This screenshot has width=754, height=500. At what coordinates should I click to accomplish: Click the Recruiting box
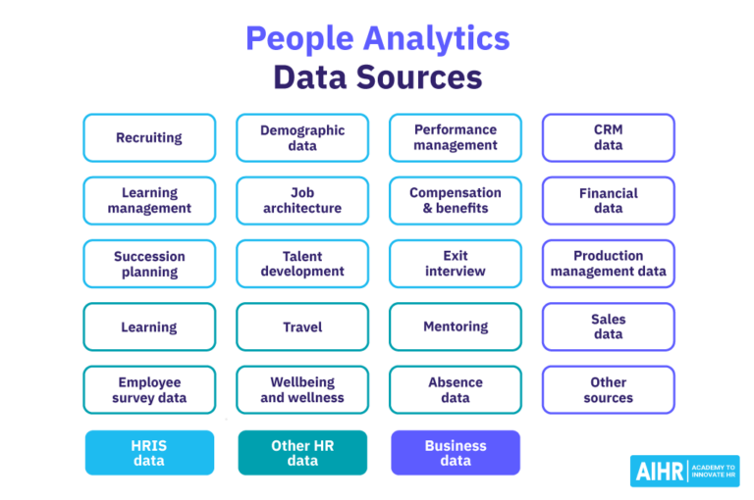tap(149, 137)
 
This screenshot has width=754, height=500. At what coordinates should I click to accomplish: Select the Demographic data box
tap(302, 137)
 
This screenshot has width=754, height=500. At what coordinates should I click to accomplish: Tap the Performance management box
tap(456, 137)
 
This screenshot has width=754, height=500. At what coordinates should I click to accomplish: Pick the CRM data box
tap(609, 137)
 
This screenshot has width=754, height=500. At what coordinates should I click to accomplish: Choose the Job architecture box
tap(302, 200)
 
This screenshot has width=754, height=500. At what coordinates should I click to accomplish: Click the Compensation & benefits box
tap(456, 200)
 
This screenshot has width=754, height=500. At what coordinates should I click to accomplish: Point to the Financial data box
tap(609, 200)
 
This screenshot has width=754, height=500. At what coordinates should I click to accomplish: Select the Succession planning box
tap(149, 264)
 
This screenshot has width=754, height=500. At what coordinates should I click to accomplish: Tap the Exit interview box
tap(456, 264)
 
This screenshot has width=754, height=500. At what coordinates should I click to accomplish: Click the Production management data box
tap(609, 264)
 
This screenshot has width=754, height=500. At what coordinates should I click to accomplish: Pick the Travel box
tap(302, 326)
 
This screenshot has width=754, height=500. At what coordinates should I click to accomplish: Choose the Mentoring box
tap(456, 326)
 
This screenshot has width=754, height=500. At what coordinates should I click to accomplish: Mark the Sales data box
tap(609, 326)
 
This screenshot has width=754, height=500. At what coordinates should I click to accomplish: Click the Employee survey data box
tap(149, 390)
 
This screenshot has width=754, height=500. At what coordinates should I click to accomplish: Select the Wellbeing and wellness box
tap(302, 390)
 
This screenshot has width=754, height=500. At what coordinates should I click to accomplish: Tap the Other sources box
tap(609, 390)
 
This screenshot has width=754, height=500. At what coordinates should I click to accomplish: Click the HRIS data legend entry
tap(149, 453)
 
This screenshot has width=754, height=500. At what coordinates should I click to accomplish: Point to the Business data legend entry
tap(456, 453)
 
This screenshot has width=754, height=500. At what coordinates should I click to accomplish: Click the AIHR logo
tap(685, 471)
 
